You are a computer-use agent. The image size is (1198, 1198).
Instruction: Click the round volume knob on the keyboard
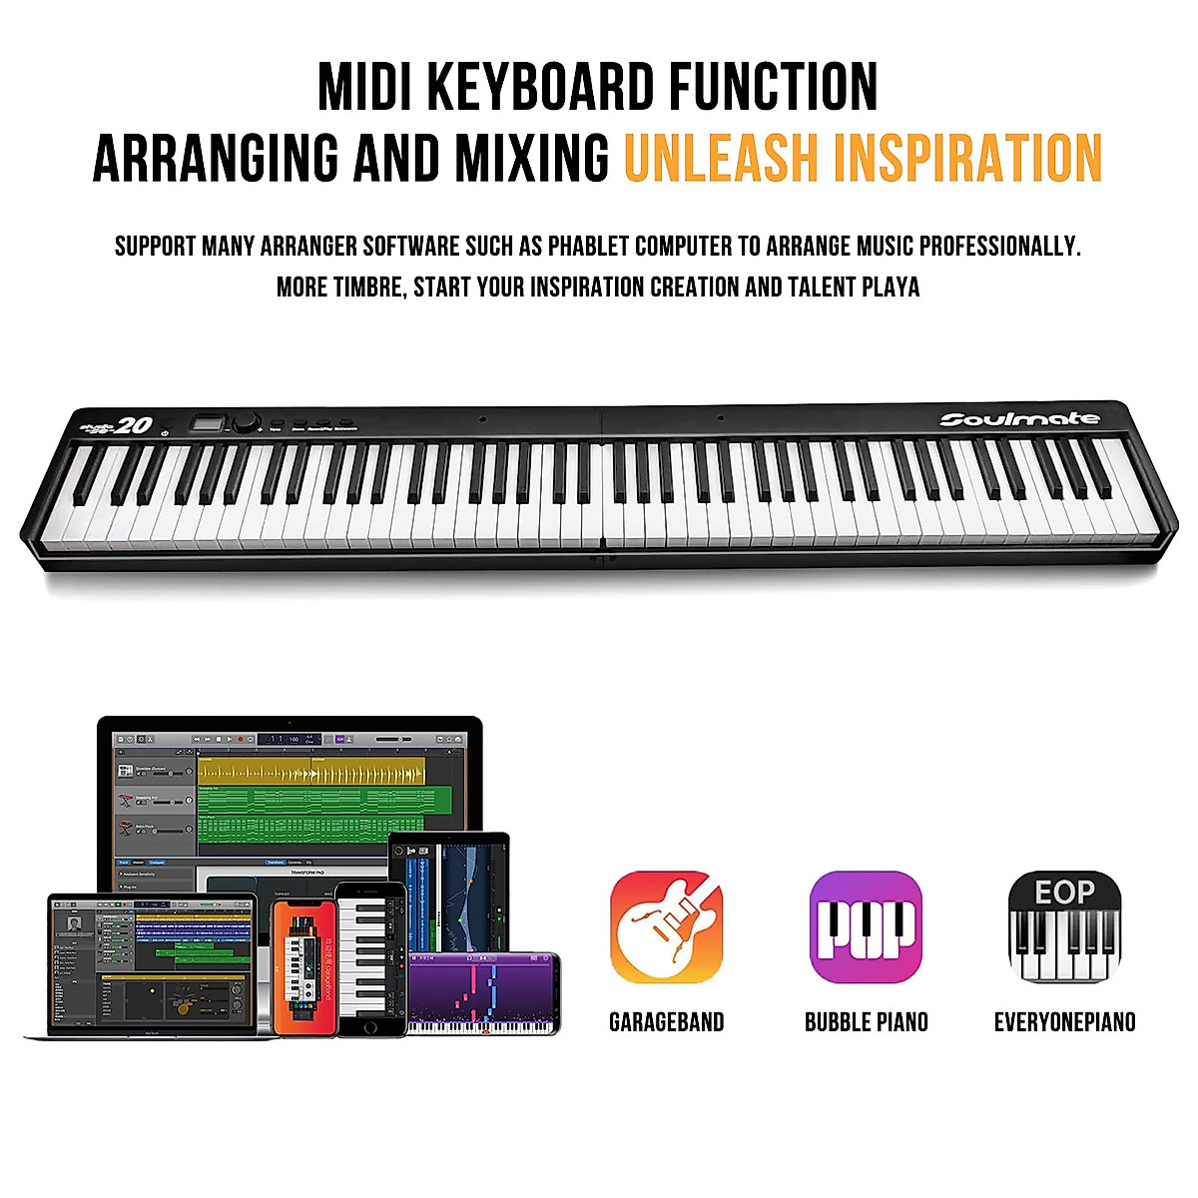coord(245,422)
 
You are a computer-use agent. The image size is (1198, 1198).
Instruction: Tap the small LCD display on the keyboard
coord(209,423)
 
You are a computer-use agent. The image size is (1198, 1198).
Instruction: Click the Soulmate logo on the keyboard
coord(1018,419)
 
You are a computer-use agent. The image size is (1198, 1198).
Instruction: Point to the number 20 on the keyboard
coord(133,426)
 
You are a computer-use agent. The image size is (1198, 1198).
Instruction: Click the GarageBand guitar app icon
coord(666,926)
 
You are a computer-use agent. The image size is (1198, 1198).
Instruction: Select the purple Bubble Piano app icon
coord(866,926)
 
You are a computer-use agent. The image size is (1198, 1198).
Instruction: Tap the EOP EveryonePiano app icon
coord(1064,926)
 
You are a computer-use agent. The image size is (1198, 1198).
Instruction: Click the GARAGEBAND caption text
coord(666,1022)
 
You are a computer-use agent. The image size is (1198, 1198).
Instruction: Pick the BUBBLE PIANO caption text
coord(866,1022)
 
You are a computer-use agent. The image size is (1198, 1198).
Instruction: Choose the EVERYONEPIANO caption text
coord(1064,1022)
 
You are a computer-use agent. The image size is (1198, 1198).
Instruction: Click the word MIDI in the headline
coord(363,88)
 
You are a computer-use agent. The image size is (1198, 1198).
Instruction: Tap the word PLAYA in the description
coord(890,288)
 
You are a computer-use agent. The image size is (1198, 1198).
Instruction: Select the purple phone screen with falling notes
coord(483,992)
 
